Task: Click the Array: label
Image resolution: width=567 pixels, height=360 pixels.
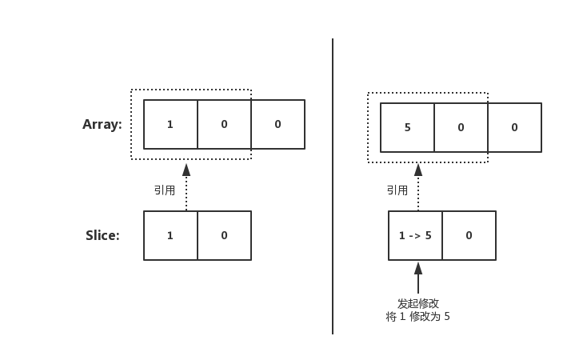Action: (x=102, y=125)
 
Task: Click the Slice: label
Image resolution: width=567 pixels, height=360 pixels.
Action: (x=102, y=235)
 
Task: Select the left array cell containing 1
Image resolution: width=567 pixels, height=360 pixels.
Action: (x=170, y=125)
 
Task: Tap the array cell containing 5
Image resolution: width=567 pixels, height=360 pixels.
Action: (x=407, y=128)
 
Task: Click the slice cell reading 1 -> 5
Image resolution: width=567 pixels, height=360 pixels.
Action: (x=415, y=235)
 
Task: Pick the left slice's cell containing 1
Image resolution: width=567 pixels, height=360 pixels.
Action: (x=170, y=235)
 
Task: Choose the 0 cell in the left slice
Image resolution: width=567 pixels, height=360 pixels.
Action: (x=224, y=235)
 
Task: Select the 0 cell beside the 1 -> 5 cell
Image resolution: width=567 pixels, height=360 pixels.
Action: (x=469, y=235)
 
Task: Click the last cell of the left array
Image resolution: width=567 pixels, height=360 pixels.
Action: (x=278, y=125)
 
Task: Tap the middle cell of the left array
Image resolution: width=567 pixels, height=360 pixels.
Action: (x=224, y=125)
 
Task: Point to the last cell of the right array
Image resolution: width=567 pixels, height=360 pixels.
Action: (x=514, y=128)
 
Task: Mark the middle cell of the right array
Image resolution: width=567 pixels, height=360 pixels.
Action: (x=461, y=128)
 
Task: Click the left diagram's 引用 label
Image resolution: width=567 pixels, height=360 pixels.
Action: (x=165, y=190)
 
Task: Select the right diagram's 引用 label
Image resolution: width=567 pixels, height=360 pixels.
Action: (x=397, y=190)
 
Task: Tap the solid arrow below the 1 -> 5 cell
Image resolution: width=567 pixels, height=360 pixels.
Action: (x=418, y=278)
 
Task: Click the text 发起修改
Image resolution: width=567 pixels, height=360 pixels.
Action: (x=418, y=303)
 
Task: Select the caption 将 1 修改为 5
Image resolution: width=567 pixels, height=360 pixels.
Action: (x=418, y=317)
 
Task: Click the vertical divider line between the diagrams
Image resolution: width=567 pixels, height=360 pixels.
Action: (x=333, y=184)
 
